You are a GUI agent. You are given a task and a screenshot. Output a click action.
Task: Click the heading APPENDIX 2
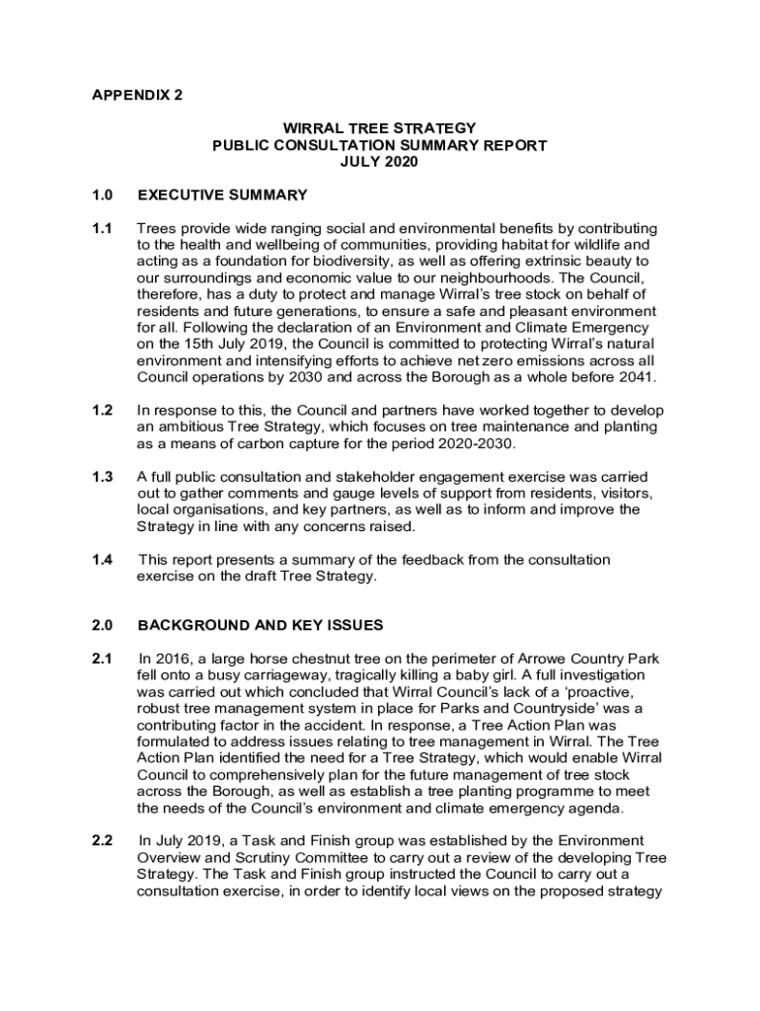click(x=137, y=96)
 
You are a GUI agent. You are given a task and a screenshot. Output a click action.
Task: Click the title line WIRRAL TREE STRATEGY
click(x=380, y=128)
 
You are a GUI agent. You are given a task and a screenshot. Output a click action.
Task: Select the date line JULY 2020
click(x=379, y=162)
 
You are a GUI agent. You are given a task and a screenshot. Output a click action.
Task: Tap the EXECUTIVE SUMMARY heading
click(x=222, y=194)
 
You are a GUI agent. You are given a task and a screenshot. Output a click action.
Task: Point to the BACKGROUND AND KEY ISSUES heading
click(x=261, y=625)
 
